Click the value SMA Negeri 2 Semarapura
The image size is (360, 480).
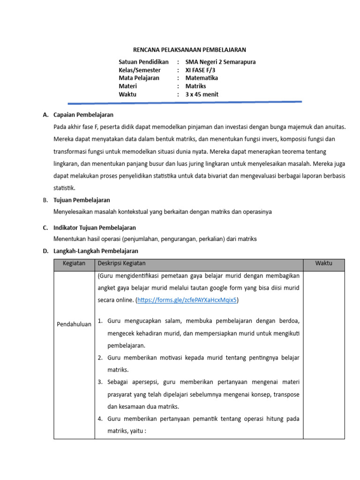[220, 62]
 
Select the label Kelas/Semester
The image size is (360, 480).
[140, 70]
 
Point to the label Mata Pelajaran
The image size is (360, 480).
[139, 78]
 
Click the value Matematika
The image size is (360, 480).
[202, 78]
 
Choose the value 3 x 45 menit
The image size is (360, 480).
[202, 94]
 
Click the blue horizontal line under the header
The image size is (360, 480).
[185, 102]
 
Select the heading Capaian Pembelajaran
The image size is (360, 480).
[83, 114]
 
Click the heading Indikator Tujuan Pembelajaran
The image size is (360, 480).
[95, 228]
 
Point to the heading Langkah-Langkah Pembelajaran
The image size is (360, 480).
[96, 251]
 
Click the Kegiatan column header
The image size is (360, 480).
[74, 263]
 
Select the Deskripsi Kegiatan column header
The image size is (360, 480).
[121, 263]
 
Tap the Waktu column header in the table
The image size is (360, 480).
[323, 263]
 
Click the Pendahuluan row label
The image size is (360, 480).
[74, 324]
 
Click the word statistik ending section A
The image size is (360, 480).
[64, 187]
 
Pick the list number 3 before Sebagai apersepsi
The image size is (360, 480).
[100, 382]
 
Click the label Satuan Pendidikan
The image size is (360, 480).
[143, 62]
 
